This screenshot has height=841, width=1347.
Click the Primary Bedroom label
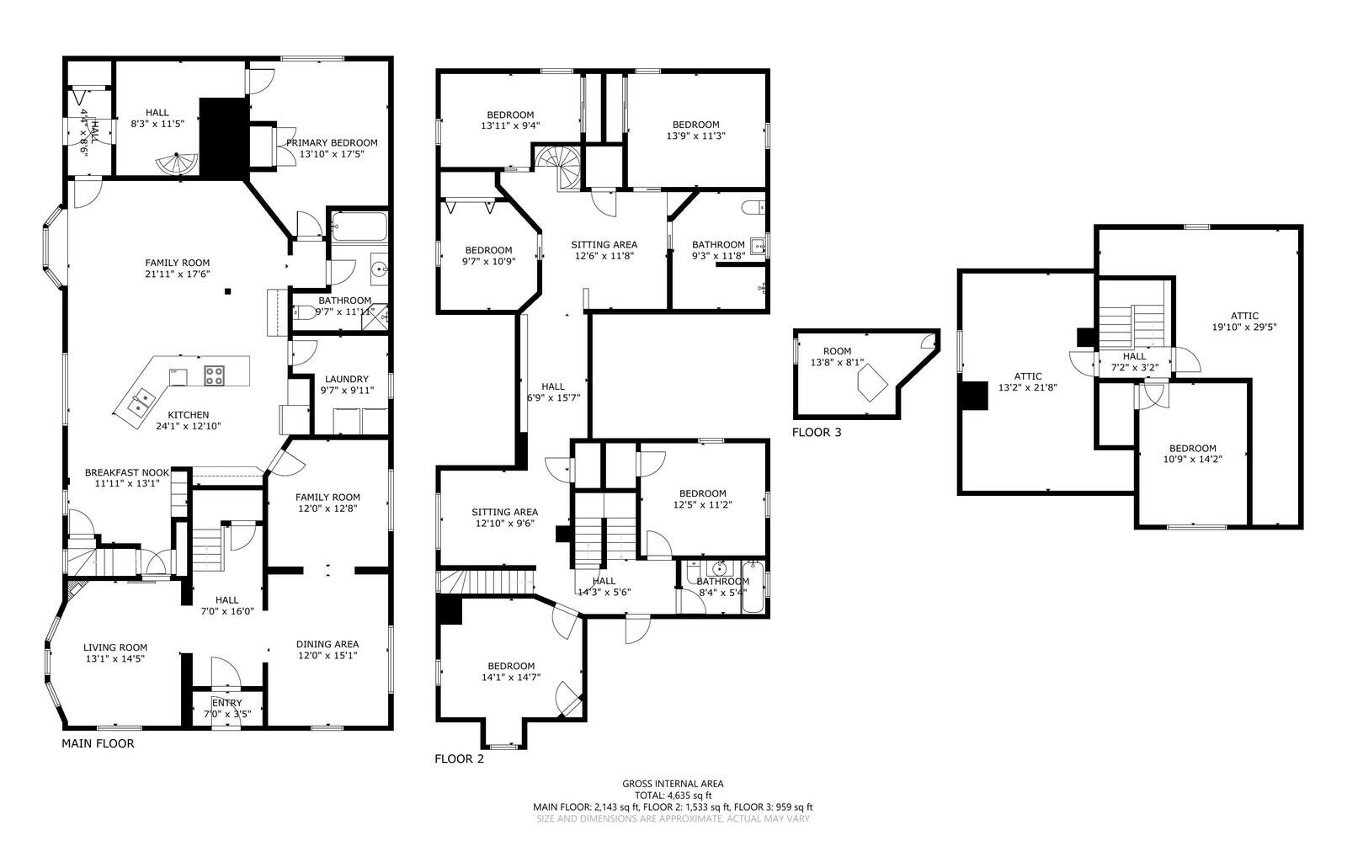point(331,148)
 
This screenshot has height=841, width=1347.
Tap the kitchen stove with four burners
point(214,375)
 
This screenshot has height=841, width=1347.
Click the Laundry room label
point(346,385)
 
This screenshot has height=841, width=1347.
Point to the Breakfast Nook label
point(127,478)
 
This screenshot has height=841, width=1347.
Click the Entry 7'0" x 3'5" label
point(227,708)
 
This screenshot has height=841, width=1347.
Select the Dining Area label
point(327,649)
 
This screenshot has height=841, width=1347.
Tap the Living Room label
point(115,652)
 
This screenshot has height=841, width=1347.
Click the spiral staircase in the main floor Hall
point(178,164)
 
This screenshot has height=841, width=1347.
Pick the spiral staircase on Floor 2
point(557,164)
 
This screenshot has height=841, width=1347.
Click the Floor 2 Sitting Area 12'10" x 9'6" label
point(504,517)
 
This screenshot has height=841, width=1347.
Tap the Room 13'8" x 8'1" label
point(837,357)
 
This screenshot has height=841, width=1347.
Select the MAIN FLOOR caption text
point(98,743)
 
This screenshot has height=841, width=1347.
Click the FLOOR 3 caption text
point(816,432)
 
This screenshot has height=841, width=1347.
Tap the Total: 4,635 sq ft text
point(673,795)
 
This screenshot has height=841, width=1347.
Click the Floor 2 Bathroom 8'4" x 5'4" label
point(722,586)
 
